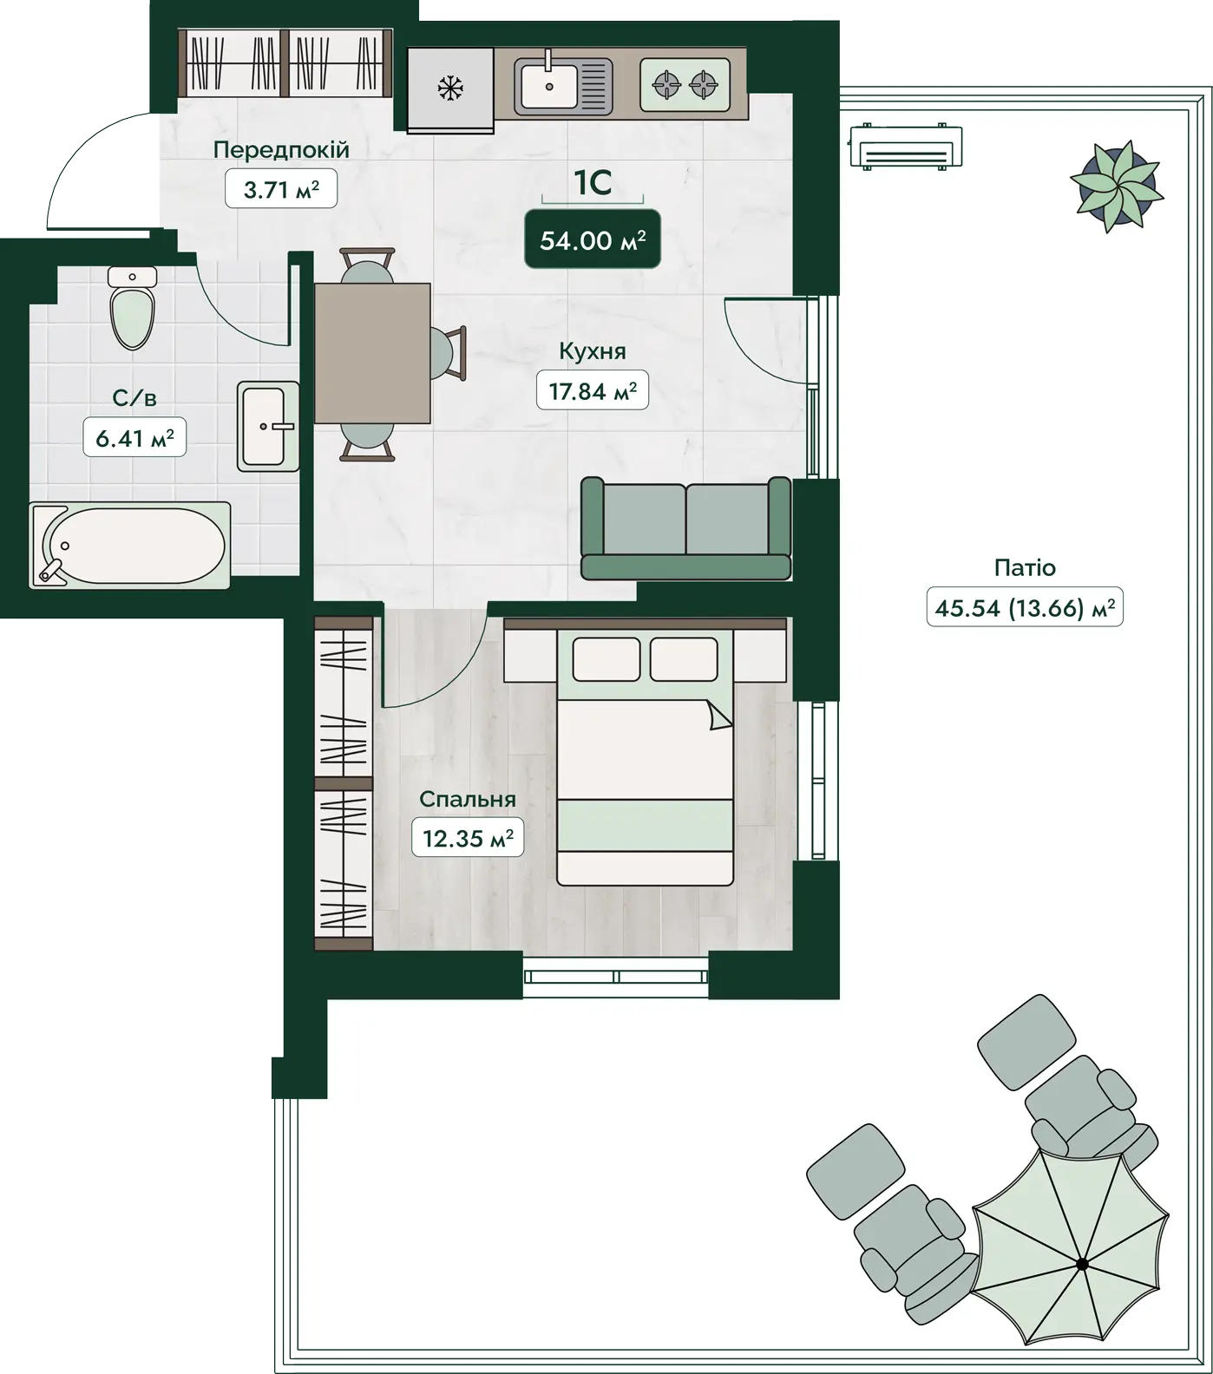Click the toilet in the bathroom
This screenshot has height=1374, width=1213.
click(133, 307)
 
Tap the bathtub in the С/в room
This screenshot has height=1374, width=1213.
click(130, 546)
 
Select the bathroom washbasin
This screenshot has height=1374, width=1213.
click(268, 426)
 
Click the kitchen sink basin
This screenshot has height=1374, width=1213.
click(548, 86)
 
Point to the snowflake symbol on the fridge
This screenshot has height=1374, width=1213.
click(449, 88)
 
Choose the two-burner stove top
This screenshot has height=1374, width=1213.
click(685, 85)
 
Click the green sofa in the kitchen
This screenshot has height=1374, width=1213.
click(685, 527)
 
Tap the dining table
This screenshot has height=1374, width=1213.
click(373, 353)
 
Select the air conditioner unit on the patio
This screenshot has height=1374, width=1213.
click(906, 147)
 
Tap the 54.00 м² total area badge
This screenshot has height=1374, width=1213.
click(593, 239)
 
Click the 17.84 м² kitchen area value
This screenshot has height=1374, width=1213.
click(593, 391)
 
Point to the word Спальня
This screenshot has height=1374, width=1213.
click(468, 799)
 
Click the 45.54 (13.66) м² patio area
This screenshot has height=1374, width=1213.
click(1025, 607)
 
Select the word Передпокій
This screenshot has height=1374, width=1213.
click(281, 150)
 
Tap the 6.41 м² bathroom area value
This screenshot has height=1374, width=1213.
click(134, 438)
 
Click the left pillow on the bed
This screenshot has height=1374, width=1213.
click(606, 659)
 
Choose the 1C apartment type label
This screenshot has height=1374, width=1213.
click(593, 182)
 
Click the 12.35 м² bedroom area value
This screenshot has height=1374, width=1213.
click(468, 838)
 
